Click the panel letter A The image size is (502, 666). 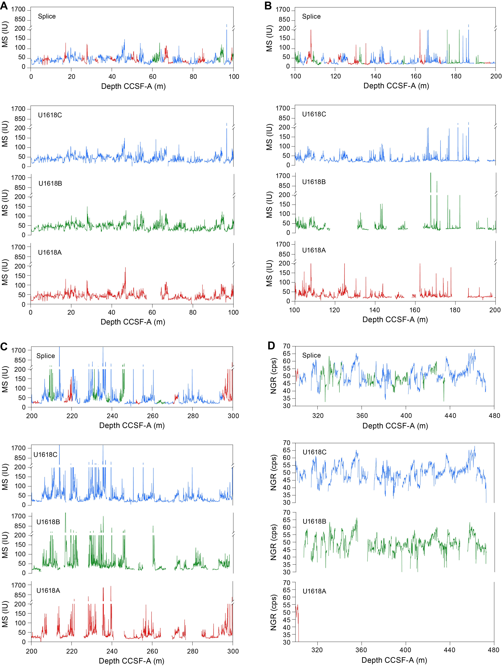coord(4,6)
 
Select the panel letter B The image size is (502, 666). coord(268,6)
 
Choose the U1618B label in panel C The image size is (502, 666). coord(48,522)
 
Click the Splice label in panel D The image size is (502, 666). coord(311,355)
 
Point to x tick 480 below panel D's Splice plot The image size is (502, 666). coord(494,416)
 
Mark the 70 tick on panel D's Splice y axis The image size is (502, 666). coord(287,346)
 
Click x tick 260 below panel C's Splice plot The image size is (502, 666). coord(153,416)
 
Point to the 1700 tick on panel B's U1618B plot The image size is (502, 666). coord(283,176)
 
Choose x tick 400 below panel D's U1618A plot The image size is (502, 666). coord(405,650)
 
